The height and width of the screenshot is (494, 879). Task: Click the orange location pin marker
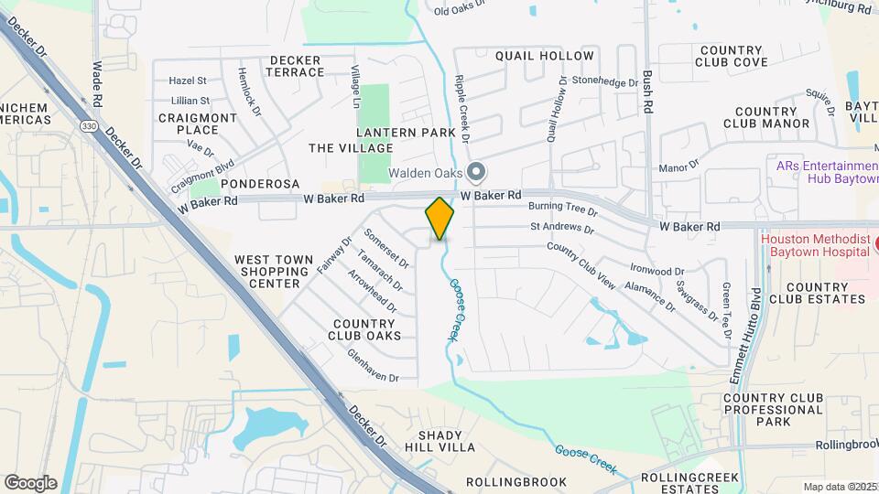pos(439,218)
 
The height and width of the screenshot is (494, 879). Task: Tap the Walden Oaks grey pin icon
pos(475,171)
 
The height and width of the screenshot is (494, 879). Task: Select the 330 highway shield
pos(88,124)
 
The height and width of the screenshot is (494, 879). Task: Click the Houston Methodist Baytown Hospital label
pos(814,244)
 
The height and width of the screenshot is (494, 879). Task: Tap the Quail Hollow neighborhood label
pos(545,56)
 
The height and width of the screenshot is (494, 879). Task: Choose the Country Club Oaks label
pos(366,329)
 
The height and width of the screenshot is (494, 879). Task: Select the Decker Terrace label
pos(295,66)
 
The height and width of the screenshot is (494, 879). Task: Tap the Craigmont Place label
pos(198,123)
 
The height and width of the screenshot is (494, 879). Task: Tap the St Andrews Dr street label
pos(562,226)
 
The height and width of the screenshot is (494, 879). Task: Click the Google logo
pos(30,482)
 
